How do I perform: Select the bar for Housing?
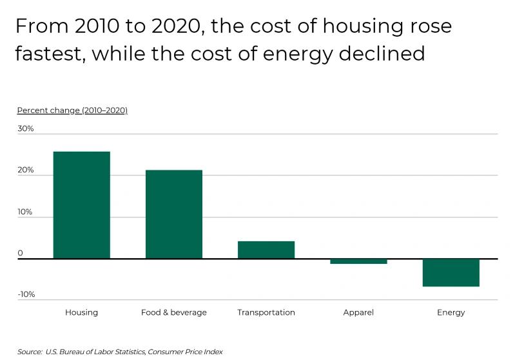[x=81, y=205]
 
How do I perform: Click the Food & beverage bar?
[x=174, y=214]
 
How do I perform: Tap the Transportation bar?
[x=266, y=250]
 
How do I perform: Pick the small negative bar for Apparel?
[x=358, y=261]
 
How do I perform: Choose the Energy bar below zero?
[x=451, y=272]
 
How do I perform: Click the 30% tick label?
[x=25, y=129]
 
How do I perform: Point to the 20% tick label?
[x=25, y=170]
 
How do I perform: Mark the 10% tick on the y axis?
[x=25, y=212]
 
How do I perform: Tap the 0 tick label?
[x=20, y=253]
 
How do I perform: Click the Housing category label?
[x=81, y=312]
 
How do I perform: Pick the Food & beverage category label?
[x=174, y=312]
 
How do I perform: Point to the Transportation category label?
[x=266, y=312]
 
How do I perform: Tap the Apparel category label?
[x=358, y=312]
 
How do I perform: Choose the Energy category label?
[x=451, y=312]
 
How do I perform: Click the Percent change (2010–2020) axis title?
[x=72, y=110]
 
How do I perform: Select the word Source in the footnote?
[x=29, y=352]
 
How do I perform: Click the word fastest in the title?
[x=48, y=53]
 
